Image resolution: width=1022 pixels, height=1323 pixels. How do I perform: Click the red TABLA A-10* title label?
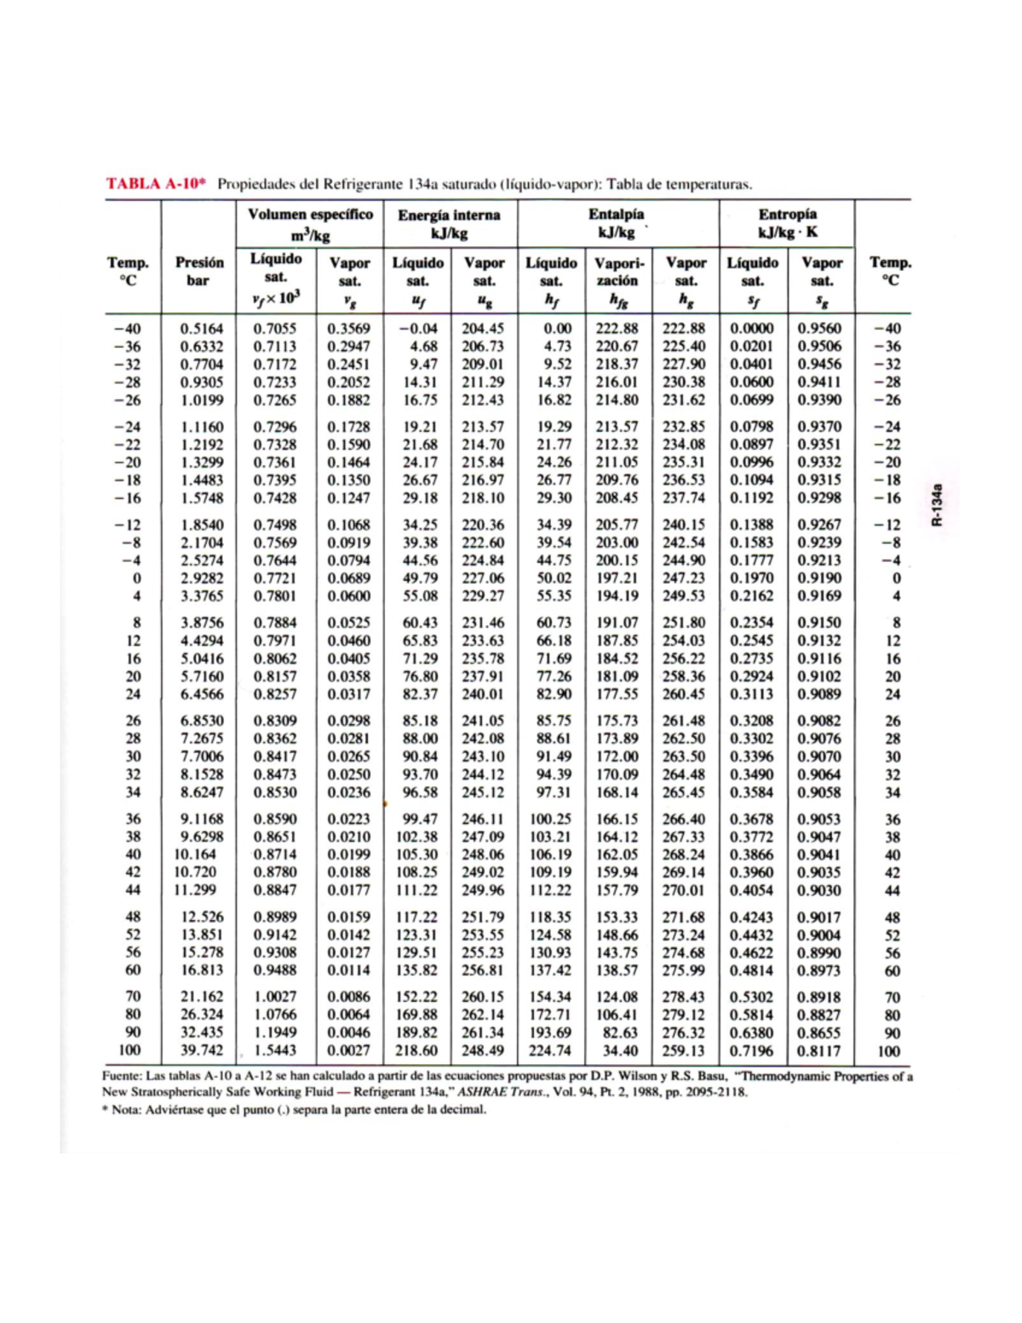click(x=157, y=184)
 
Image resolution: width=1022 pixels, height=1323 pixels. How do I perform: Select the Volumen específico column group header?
click(x=310, y=224)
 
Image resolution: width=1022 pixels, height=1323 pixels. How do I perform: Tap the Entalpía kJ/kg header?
click(x=617, y=223)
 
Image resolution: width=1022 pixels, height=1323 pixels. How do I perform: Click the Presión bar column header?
click(x=199, y=271)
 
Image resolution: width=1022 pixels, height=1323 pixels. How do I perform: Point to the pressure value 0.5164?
click(x=202, y=329)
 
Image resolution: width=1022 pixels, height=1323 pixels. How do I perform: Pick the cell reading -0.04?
click(x=419, y=329)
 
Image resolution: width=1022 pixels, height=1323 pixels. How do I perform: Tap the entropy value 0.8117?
click(x=818, y=1050)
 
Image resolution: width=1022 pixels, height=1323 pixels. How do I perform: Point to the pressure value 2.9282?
click(x=202, y=578)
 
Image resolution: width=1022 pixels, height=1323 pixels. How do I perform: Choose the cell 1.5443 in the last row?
click(x=275, y=1050)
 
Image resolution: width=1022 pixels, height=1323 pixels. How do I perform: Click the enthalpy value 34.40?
click(x=620, y=1050)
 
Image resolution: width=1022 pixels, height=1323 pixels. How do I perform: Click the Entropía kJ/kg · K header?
click(x=787, y=223)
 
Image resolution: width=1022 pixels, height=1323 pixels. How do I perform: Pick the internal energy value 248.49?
click(x=483, y=1050)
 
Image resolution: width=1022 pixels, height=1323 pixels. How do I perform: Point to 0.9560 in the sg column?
click(x=818, y=329)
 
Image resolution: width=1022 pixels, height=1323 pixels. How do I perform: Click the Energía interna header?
click(x=449, y=224)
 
